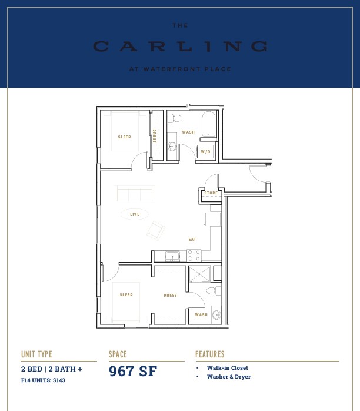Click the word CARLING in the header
click(x=181, y=46)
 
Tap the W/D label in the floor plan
click(x=205, y=151)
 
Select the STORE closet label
click(x=211, y=193)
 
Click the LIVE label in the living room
click(x=135, y=214)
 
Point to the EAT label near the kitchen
click(x=192, y=239)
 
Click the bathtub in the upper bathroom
click(x=208, y=124)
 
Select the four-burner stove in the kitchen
click(x=194, y=256)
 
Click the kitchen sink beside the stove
click(x=172, y=256)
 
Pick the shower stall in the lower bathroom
click(x=199, y=274)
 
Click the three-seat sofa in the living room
click(x=134, y=193)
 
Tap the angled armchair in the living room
click(x=156, y=231)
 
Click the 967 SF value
click(x=133, y=371)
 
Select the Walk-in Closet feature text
click(x=228, y=368)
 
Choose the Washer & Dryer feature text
click(x=229, y=377)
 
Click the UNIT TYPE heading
click(x=36, y=354)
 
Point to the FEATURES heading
click(x=210, y=354)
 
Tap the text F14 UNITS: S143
click(x=43, y=380)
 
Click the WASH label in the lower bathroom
click(x=201, y=314)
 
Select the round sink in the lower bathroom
click(x=216, y=314)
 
